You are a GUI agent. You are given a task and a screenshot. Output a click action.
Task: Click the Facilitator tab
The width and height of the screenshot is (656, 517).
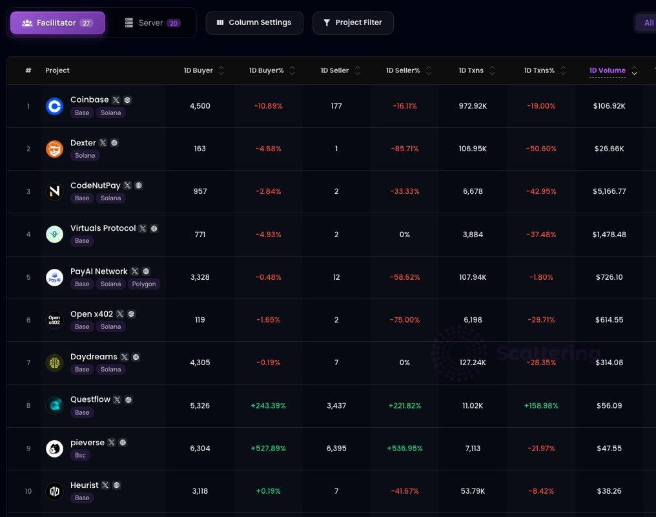(57, 23)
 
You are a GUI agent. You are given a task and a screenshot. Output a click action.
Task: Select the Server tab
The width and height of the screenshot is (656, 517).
(152, 23)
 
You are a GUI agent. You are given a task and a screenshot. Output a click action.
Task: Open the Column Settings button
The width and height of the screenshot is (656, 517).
(254, 23)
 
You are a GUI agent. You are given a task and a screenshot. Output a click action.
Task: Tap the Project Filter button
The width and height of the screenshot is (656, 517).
(353, 23)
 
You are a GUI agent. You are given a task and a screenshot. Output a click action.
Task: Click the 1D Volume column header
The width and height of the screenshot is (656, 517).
(607, 70)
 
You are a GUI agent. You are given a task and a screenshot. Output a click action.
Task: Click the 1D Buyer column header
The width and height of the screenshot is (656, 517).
(198, 70)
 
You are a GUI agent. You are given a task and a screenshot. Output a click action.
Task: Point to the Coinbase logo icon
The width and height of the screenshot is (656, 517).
(55, 106)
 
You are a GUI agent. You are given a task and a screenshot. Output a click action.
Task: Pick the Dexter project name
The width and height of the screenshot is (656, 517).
(83, 143)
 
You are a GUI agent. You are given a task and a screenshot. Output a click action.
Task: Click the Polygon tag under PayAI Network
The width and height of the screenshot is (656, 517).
(144, 284)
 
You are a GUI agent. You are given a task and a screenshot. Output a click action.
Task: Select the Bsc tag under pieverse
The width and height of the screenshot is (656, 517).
(81, 455)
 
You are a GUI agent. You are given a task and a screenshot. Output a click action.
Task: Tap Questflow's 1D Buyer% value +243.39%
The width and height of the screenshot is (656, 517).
(268, 406)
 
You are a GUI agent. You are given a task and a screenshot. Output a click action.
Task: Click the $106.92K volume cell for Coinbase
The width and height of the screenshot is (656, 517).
(609, 106)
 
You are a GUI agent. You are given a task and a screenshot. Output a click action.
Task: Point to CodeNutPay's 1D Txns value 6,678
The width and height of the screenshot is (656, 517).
(473, 191)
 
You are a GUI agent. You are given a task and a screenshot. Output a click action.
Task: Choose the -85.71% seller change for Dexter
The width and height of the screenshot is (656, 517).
(404, 149)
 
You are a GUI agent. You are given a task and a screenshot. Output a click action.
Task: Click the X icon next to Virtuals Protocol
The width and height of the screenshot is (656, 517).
(143, 229)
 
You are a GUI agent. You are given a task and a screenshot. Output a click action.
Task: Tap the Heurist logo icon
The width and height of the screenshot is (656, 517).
(55, 491)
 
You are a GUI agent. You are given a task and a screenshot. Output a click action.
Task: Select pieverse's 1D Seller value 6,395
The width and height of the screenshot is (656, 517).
(336, 448)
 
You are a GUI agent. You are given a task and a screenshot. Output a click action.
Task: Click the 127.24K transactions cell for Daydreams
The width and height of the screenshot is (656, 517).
(473, 363)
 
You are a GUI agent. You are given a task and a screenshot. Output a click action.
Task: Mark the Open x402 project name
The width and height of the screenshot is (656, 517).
(92, 314)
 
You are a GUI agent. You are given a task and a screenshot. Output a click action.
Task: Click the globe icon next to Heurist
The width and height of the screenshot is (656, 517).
(117, 485)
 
